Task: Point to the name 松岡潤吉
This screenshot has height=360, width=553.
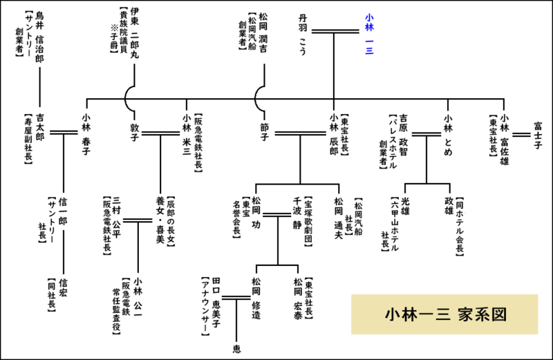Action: click(264, 34)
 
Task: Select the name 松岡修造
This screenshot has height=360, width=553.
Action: click(256, 298)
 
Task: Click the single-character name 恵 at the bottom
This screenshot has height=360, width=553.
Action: click(236, 348)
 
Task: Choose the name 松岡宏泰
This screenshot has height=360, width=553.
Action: click(297, 298)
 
